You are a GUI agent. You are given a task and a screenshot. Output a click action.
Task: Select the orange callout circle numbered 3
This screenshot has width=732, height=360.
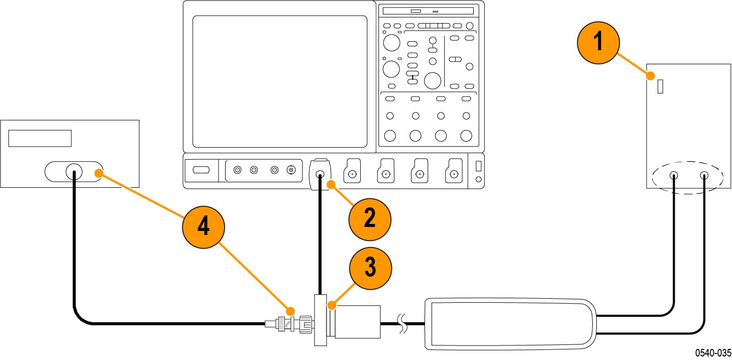pyautogui.click(x=369, y=268)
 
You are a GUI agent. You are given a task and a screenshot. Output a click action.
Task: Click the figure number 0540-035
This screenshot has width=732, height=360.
pyautogui.click(x=713, y=353)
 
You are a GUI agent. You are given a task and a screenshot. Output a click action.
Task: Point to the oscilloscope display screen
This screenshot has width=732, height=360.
pyautogui.click(x=280, y=81)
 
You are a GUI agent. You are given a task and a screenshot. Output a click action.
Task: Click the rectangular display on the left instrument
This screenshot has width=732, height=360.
pyautogui.click(x=40, y=138)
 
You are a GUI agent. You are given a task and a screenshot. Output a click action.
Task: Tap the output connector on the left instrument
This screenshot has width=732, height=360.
pyautogui.click(x=74, y=172)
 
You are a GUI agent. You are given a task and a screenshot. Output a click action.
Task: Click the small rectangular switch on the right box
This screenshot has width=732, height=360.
pyautogui.click(x=660, y=86)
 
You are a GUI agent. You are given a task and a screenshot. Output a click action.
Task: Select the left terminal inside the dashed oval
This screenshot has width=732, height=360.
pyautogui.click(x=674, y=176)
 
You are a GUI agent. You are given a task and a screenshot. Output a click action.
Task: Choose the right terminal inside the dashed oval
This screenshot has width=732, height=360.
pyautogui.click(x=704, y=176)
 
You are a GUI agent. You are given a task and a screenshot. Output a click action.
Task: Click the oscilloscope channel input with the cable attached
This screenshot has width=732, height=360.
pyautogui.click(x=320, y=175)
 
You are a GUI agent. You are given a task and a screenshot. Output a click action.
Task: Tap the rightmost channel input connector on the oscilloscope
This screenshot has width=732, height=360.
pyautogui.click(x=454, y=174)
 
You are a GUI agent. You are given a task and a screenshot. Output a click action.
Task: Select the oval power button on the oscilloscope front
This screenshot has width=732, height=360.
pyautogui.click(x=200, y=170)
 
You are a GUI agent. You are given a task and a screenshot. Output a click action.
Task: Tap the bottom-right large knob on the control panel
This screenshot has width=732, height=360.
pyautogui.click(x=466, y=135)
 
